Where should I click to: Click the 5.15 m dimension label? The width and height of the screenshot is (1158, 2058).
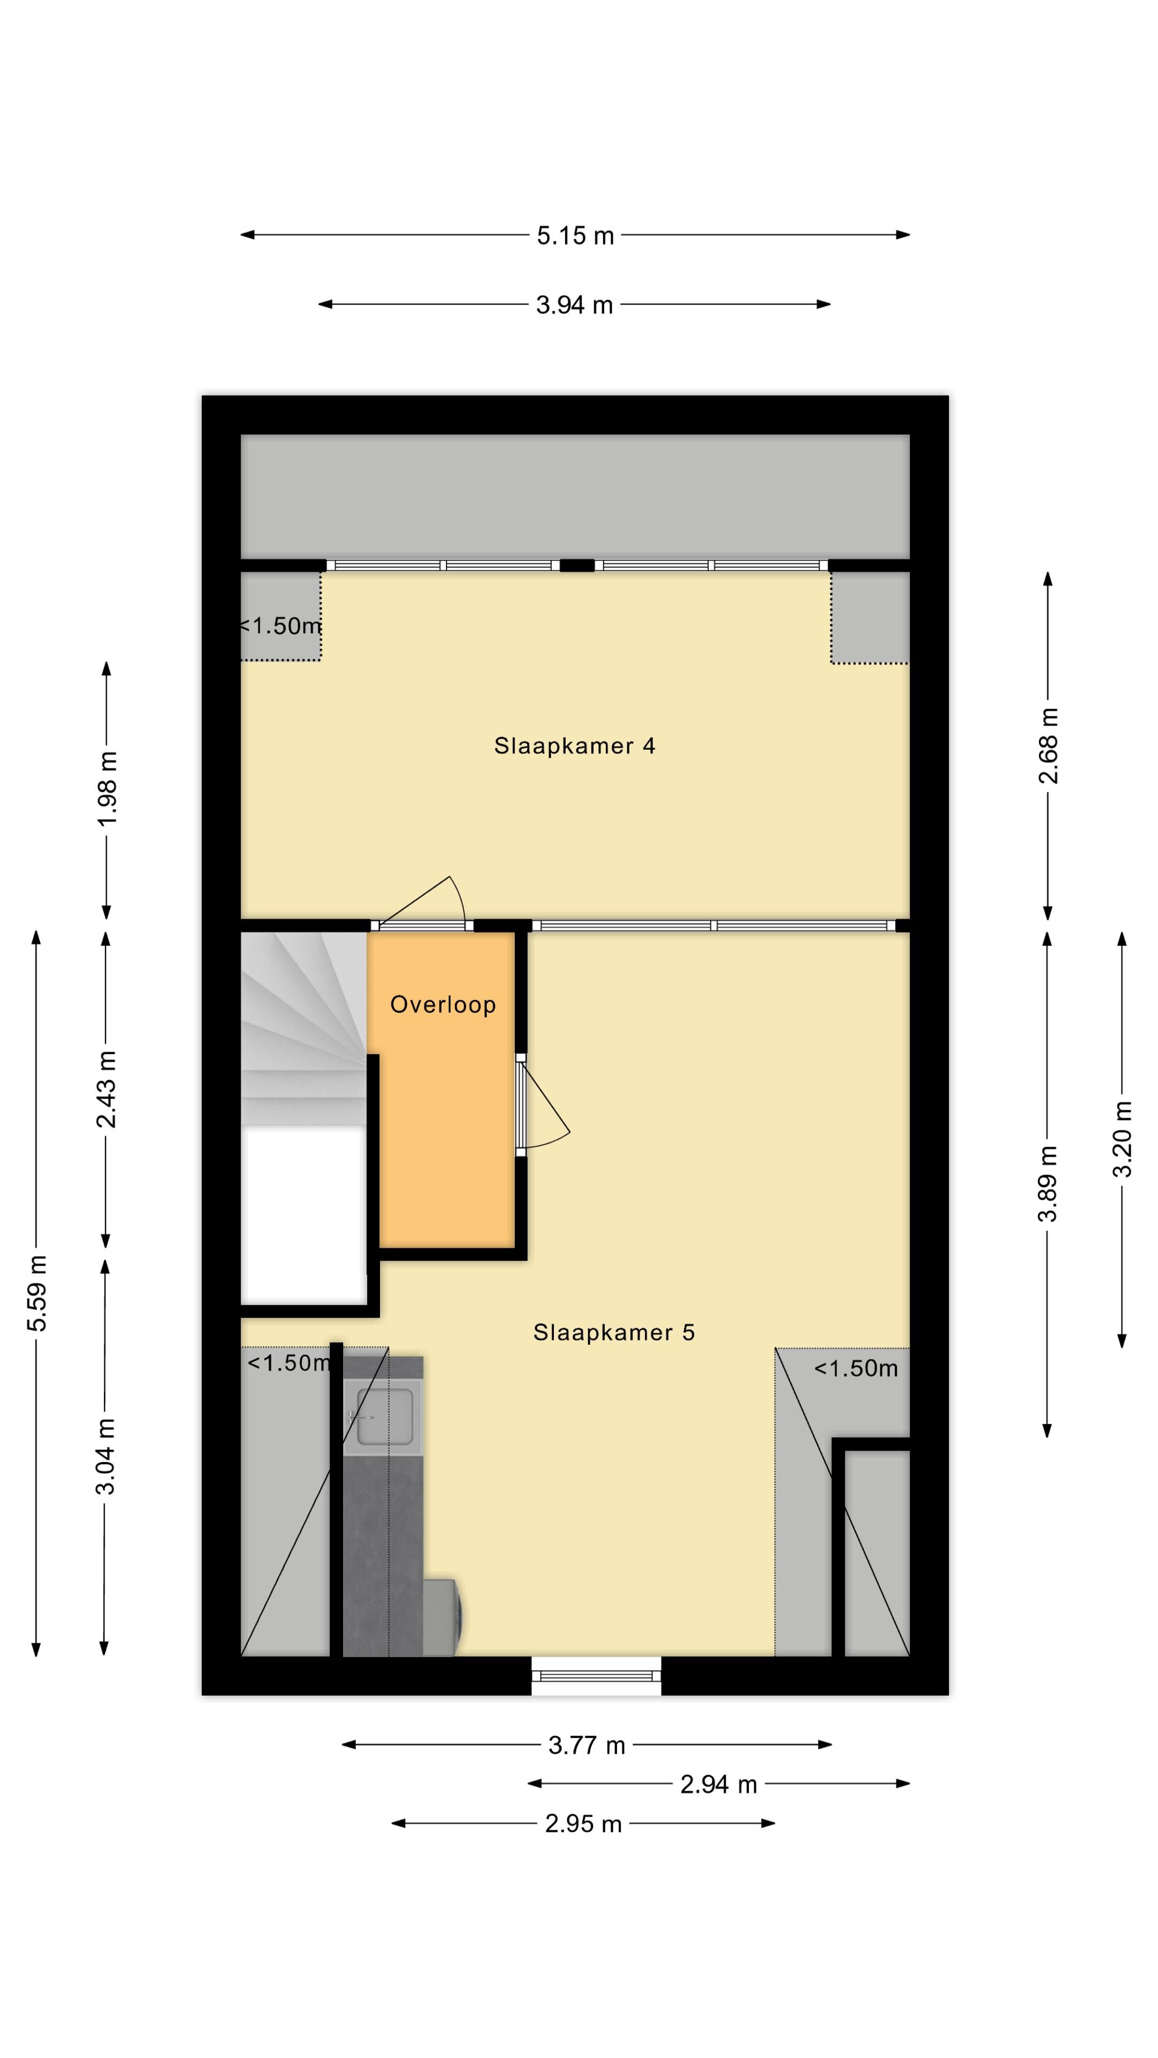click(575, 236)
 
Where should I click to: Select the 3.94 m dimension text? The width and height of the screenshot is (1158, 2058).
click(574, 305)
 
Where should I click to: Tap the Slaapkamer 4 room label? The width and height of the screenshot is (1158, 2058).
click(575, 745)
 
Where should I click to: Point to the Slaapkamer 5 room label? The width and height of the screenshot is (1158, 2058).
click(614, 1332)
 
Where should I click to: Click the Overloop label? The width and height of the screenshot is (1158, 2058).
click(443, 1004)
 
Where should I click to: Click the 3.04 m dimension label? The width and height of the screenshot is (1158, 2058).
click(106, 1456)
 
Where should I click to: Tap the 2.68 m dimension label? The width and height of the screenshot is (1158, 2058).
click(1048, 745)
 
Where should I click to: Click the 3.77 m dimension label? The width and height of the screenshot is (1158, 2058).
click(586, 1746)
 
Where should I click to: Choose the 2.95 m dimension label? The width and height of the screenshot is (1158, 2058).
click(583, 1824)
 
